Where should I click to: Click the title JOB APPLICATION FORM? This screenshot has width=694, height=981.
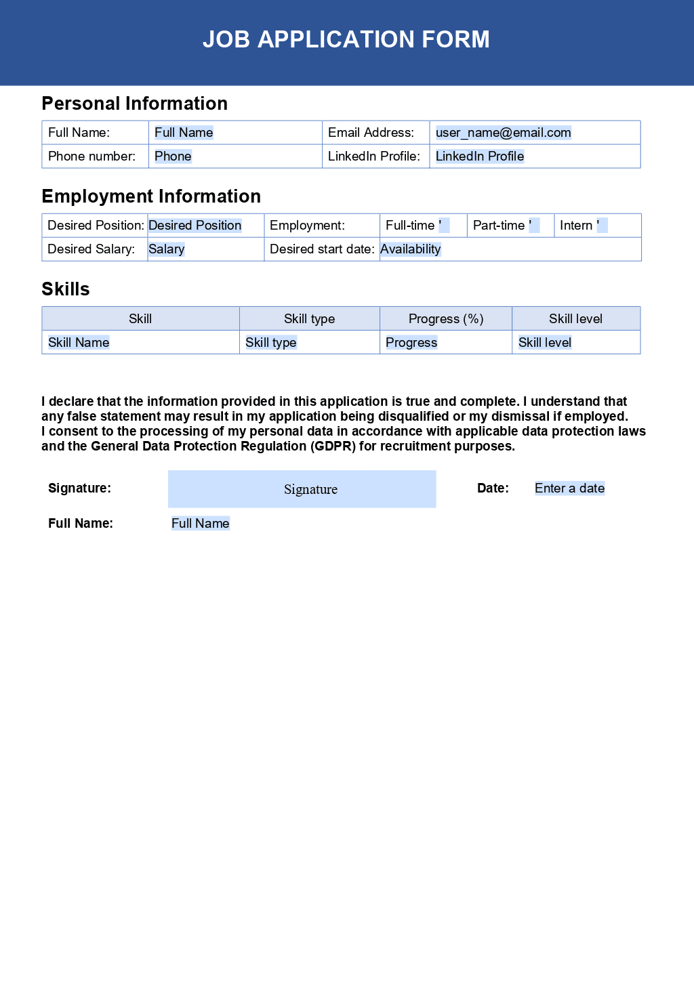pos(346,39)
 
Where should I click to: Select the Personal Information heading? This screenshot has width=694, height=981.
pos(134,104)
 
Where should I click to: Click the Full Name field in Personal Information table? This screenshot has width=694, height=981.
pos(184,133)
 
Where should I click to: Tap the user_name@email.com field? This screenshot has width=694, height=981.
pos(503,133)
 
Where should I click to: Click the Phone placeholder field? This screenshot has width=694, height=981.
pos(173,156)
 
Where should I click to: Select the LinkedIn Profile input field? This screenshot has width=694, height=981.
pos(480,156)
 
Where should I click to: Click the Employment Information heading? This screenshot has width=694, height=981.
pos(151,196)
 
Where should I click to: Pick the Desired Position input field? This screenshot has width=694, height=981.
pos(195,226)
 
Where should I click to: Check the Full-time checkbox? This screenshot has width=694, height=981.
pos(444,226)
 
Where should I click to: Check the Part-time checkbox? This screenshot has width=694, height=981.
pos(534,226)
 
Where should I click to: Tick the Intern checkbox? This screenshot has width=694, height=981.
pos(602,226)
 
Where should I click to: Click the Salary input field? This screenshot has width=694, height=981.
pos(167,249)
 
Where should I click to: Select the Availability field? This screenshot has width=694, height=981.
pos(411,249)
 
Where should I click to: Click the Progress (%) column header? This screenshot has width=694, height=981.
pos(446,319)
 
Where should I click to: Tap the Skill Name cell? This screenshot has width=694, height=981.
pos(79,343)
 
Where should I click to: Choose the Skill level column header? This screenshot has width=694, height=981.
pos(575,319)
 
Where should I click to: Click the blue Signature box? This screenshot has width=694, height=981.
pos(302,489)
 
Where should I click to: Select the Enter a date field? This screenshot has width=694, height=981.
pos(569,488)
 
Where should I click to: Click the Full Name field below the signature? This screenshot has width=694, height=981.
pos(201,524)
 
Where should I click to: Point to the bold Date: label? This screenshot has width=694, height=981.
pos(493,488)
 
